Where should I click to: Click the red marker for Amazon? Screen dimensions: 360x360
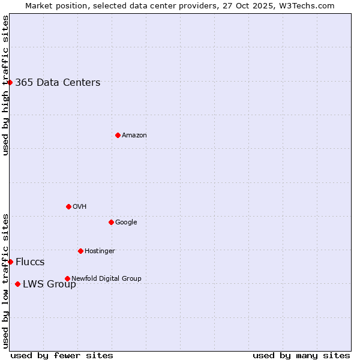(118, 135)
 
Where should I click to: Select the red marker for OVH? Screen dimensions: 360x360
(68, 206)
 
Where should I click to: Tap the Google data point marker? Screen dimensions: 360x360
(111, 222)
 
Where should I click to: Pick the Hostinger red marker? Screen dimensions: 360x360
(80, 251)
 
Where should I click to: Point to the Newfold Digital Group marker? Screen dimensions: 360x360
(67, 278)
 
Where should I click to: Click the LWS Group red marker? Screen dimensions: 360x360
(17, 284)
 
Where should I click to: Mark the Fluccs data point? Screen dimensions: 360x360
(10, 262)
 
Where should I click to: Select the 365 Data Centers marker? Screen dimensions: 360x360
(10, 82)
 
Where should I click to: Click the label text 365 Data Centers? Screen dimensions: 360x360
(58, 83)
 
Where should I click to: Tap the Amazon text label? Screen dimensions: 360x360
(134, 136)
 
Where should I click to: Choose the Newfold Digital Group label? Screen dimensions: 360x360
(106, 278)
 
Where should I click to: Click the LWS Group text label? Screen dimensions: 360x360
(49, 284)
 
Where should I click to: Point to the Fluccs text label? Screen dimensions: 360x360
(30, 262)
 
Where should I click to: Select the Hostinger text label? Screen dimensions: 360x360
(100, 251)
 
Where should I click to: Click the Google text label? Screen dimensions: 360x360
(126, 223)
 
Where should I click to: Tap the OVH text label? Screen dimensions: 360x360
(80, 207)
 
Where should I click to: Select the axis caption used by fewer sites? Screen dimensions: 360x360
(62, 355)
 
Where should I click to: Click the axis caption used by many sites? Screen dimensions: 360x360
(301, 355)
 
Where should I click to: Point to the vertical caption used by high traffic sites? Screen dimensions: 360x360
(5, 85)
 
